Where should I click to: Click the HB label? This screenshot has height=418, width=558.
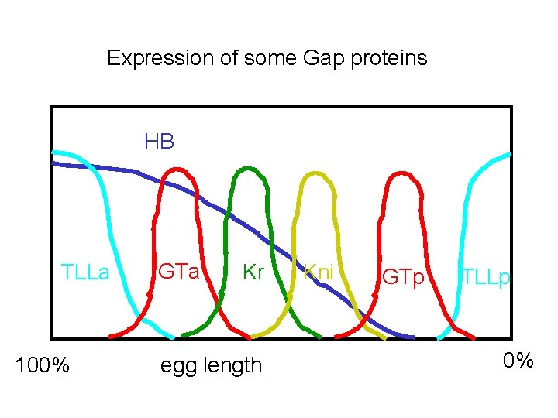[x=159, y=142]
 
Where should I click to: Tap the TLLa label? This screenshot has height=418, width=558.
[x=85, y=272]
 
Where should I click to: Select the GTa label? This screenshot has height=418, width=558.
[x=179, y=272]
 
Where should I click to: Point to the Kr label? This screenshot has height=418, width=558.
[x=254, y=272]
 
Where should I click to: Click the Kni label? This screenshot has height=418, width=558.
[x=319, y=272]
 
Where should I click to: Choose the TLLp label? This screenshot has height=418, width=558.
[x=486, y=277]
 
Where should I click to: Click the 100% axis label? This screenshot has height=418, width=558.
[x=43, y=365]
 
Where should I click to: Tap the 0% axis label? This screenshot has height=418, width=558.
[x=518, y=361]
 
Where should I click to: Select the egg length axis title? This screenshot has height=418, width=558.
[x=211, y=365]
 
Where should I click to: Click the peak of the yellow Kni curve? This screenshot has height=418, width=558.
[x=315, y=172]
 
